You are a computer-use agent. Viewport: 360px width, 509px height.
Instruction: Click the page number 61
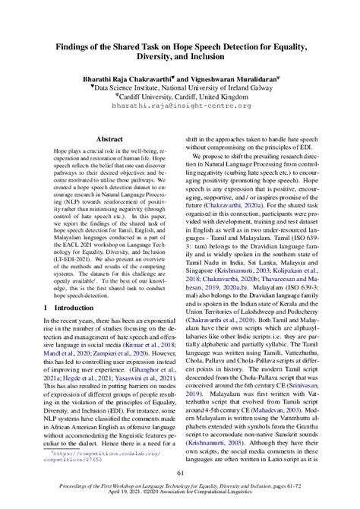[x=180, y=474]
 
